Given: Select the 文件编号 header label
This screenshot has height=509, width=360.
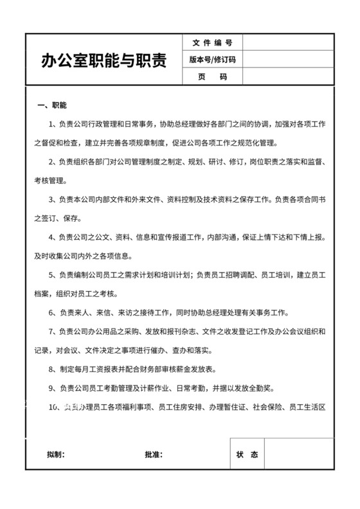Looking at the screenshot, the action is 212,42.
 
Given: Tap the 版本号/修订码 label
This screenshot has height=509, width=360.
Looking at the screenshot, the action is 212,60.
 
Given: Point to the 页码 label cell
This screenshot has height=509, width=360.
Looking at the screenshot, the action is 212,77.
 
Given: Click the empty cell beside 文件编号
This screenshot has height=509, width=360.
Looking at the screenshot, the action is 287,42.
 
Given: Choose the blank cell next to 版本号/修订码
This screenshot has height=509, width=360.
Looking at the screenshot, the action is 287,60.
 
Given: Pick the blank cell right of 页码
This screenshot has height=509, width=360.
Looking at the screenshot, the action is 287,77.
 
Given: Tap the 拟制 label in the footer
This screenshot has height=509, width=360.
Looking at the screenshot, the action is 55,455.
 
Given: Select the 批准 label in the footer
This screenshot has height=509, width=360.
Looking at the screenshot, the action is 154,455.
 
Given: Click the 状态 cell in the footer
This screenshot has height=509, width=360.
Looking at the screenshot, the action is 247,455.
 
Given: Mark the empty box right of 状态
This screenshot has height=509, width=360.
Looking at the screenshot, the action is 299,455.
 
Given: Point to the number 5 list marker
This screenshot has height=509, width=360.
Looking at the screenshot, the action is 51,276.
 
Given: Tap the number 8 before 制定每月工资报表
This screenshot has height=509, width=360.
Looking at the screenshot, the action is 51,370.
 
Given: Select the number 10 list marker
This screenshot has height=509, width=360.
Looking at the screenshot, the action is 53,407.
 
